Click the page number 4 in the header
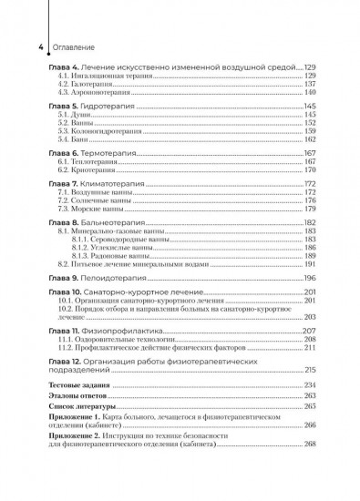(31, 46)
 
